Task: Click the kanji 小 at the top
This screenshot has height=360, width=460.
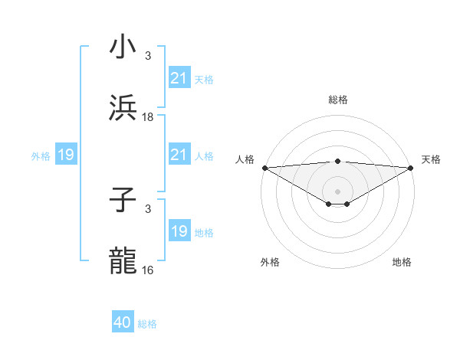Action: [x=123, y=47]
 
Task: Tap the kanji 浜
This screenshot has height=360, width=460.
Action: [x=123, y=108]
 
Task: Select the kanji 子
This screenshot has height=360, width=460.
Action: [x=123, y=201]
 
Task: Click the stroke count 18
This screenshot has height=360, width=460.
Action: [x=148, y=116]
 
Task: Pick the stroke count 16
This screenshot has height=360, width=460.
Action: [x=148, y=270]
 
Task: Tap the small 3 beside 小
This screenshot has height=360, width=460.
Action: [x=148, y=56]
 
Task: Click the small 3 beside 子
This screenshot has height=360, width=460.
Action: [x=148, y=209]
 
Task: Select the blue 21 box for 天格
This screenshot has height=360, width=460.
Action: [x=179, y=77]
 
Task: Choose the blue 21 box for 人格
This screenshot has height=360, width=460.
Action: [x=179, y=155]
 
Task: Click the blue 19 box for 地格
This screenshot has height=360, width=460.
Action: [x=179, y=231]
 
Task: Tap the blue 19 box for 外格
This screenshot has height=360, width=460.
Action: [x=66, y=155]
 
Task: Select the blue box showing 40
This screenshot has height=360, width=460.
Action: [x=123, y=322]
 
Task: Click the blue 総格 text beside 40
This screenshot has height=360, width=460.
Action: [x=147, y=324]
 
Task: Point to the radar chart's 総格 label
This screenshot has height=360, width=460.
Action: [x=337, y=100]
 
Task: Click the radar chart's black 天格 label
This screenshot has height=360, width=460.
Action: [x=431, y=159]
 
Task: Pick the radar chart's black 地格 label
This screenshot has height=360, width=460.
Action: [x=402, y=262]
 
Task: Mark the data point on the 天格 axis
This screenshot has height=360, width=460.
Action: [x=411, y=168]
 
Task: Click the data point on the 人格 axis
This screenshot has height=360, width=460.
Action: [x=264, y=168]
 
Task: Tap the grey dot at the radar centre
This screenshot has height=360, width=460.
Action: [x=337, y=191]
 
